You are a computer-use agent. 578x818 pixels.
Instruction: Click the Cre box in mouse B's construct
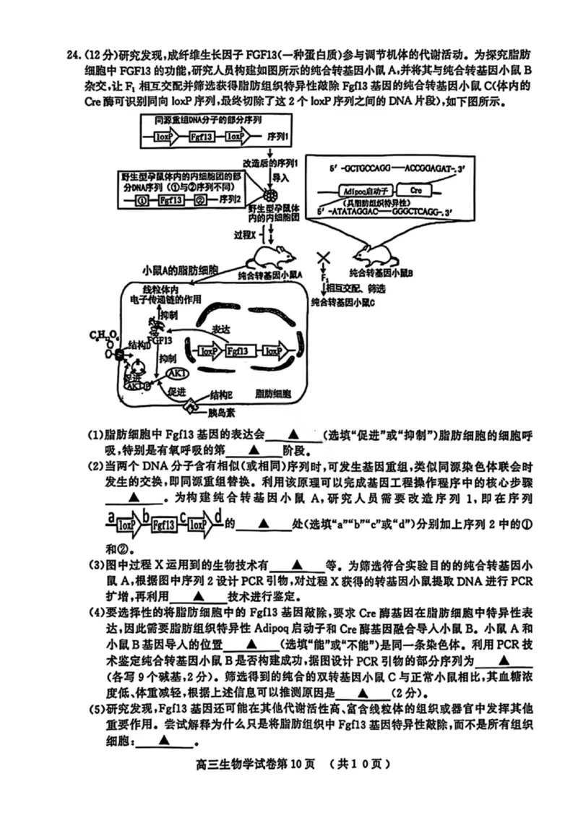[x=415, y=189]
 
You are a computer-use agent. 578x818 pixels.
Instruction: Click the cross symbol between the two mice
[x=324, y=257]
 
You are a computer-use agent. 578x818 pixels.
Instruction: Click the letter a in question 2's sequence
[x=111, y=517]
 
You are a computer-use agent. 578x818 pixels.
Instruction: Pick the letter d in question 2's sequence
[x=218, y=516]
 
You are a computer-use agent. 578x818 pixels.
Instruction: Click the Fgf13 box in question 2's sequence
[x=165, y=525]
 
